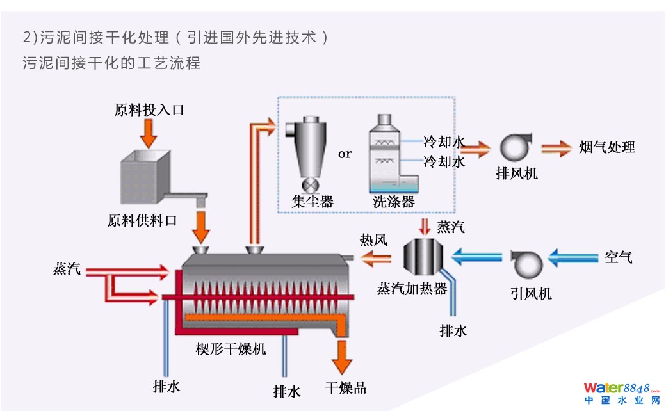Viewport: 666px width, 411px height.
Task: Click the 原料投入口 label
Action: [149, 109]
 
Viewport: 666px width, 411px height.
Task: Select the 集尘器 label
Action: [313, 202]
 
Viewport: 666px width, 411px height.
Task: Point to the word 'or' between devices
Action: [345, 154]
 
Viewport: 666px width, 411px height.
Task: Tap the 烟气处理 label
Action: [606, 147]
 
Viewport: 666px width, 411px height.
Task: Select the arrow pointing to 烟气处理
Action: [555, 148]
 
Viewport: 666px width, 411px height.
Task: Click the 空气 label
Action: [618, 258]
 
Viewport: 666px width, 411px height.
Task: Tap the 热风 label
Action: [373, 240]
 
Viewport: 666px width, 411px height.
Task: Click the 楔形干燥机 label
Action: [231, 350]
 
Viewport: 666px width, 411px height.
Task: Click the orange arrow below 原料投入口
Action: [149, 132]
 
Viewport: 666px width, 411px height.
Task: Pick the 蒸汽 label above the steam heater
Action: [451, 227]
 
